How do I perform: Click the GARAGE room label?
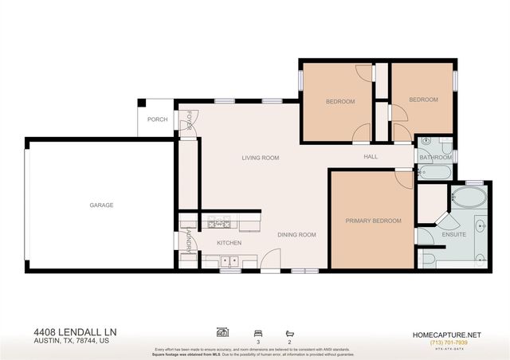(101, 205)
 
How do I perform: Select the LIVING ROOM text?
(261, 158)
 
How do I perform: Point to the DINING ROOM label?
(296, 235)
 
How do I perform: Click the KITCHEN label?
(229, 243)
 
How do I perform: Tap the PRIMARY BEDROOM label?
(373, 221)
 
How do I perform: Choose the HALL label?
(371, 156)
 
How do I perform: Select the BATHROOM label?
(437, 158)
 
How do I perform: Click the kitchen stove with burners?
(218, 221)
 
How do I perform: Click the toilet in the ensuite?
(428, 258)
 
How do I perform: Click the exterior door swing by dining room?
(270, 258)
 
